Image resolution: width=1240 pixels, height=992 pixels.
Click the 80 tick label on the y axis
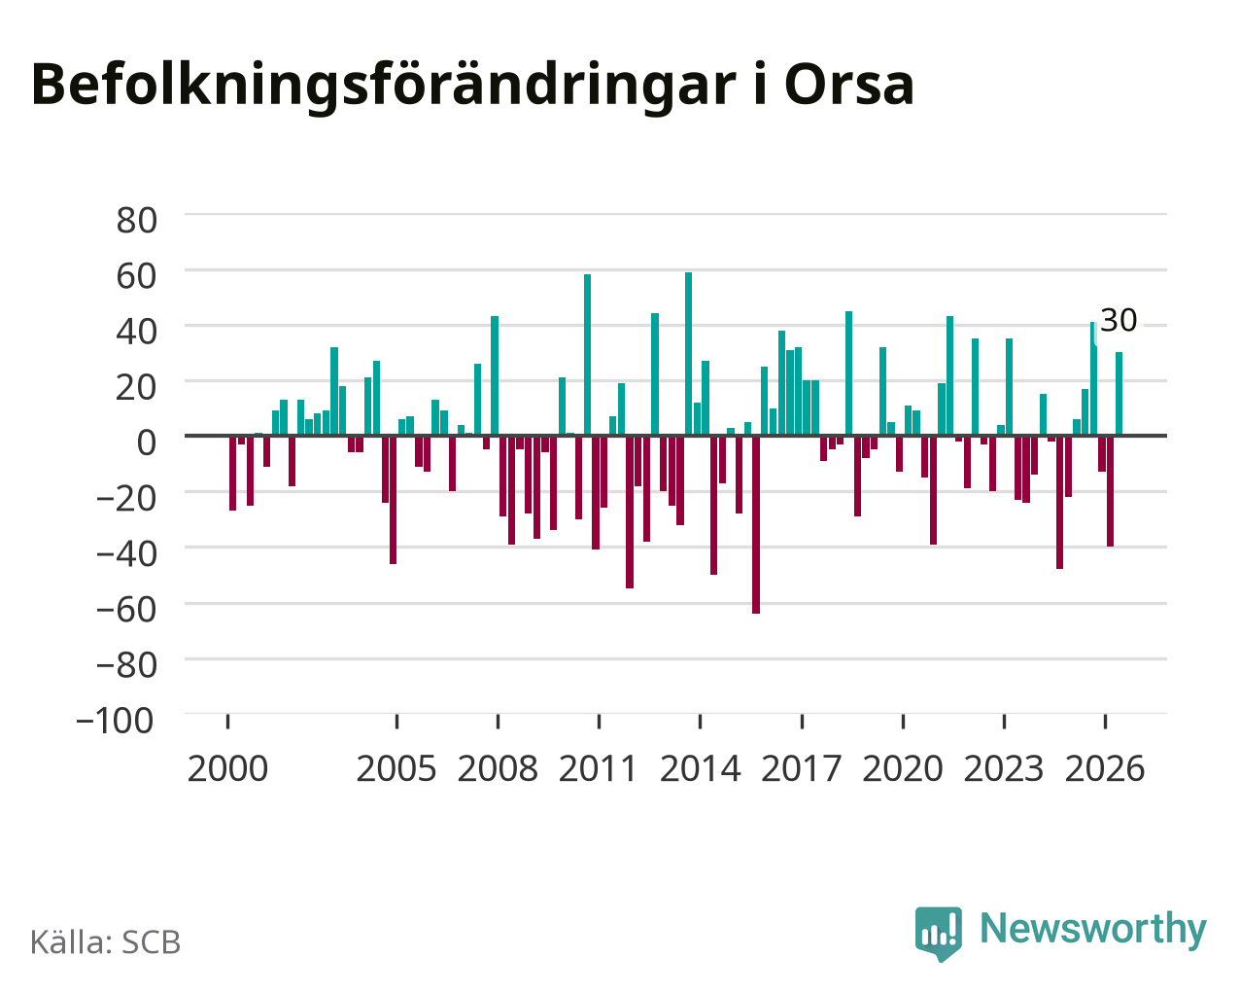tap(137, 221)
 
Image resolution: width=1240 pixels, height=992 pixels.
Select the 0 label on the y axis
tap(147, 443)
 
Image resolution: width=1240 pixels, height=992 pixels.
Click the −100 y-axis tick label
tap(116, 721)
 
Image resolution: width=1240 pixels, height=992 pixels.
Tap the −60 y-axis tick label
tap(126, 610)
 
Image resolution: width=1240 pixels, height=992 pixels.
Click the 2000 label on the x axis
tap(227, 768)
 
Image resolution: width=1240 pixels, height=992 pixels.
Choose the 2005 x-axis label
tap(396, 768)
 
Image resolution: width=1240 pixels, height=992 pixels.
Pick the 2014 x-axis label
tap(700, 768)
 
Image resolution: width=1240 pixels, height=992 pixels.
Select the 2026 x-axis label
tap(1105, 768)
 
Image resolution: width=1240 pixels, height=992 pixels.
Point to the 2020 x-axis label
tap(903, 768)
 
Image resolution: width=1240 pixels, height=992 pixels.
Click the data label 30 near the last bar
tap(1119, 320)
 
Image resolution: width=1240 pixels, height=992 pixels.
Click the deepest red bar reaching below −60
tap(756, 525)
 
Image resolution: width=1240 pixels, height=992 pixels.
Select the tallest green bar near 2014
tap(689, 354)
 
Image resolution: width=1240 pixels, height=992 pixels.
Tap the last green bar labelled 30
tap(1119, 393)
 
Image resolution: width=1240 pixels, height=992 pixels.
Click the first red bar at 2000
tap(233, 474)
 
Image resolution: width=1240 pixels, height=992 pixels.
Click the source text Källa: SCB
tap(106, 943)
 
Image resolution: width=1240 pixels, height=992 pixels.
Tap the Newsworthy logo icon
tap(939, 934)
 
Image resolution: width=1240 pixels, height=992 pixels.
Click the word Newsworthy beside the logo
tap(1093, 930)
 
